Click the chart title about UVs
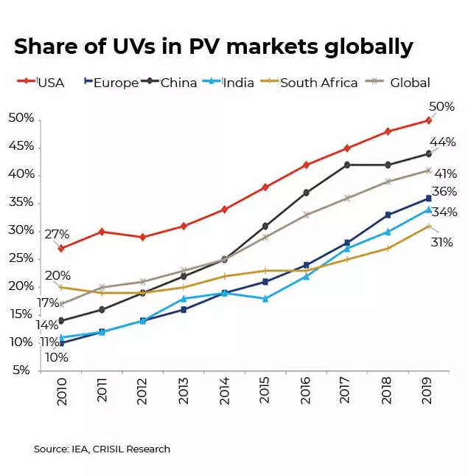tap(213, 46)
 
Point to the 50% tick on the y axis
tap(21, 118)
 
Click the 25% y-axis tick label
tap(21, 258)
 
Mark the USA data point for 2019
tap(427, 120)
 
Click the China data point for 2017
tap(346, 165)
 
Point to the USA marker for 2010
tap(61, 248)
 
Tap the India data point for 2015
tap(265, 299)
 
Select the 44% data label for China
tap(443, 142)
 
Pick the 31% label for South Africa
tap(441, 241)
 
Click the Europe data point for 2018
tap(387, 215)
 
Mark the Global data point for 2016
tap(305, 215)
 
